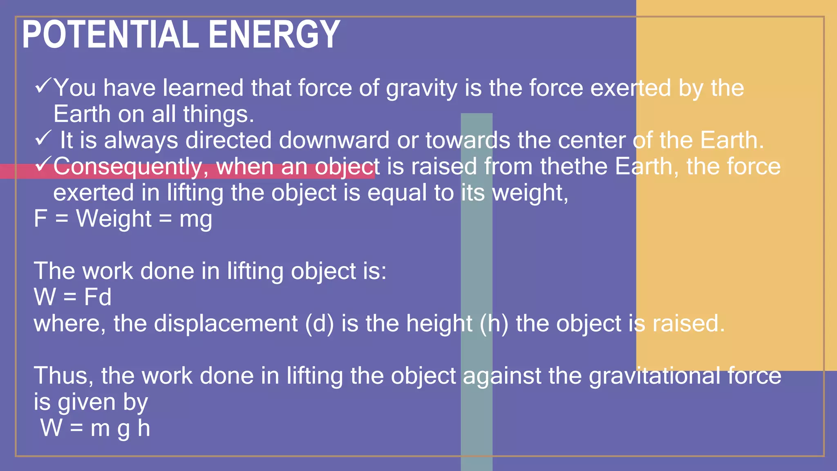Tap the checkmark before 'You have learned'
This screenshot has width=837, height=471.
(x=43, y=86)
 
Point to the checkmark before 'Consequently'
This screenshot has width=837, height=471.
(x=43, y=164)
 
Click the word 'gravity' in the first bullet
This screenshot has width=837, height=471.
(x=421, y=88)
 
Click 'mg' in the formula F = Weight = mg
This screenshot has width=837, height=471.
(x=196, y=220)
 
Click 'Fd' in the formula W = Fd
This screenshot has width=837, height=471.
(x=97, y=297)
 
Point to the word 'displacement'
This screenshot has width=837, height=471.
(x=226, y=324)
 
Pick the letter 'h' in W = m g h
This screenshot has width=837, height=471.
(x=143, y=428)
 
